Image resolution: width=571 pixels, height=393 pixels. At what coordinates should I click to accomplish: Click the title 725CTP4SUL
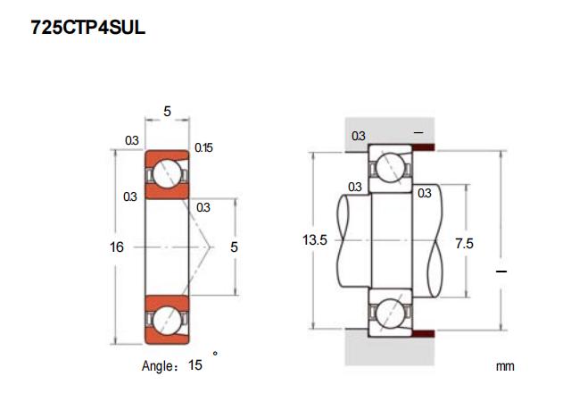87,29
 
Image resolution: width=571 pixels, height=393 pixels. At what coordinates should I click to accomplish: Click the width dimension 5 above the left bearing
169,112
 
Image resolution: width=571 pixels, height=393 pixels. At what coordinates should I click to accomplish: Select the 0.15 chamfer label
203,147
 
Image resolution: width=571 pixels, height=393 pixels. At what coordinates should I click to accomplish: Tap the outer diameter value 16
116,247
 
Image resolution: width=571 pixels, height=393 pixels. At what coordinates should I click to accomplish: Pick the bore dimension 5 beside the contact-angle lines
234,247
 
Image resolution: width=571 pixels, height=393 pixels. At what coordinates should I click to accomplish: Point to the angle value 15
195,365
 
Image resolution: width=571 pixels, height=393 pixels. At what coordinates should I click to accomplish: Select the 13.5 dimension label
316,241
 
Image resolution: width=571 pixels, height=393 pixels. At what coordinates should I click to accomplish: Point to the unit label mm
505,366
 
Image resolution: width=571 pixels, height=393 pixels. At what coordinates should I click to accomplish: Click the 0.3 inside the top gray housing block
358,136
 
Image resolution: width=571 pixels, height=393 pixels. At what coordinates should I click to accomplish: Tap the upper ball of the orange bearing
169,175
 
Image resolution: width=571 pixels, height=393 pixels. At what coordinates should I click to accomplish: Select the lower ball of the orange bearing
169,319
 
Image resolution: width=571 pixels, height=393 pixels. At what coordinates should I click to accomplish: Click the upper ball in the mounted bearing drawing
390,167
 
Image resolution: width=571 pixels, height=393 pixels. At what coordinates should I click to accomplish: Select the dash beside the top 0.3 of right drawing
418,132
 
